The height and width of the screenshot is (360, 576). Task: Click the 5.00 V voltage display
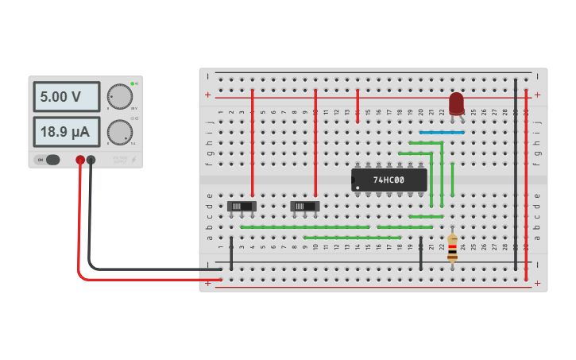66,97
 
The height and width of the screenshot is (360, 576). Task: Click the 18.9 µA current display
66,131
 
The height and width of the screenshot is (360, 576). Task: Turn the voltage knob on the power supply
119,96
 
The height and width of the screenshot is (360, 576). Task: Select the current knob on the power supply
119,131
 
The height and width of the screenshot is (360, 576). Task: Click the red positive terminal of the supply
80,160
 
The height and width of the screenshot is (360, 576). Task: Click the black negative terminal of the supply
91,160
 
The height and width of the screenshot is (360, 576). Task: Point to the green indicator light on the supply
133,83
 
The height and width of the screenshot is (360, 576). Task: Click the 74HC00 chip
389,180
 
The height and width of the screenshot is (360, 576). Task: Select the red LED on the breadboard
456,103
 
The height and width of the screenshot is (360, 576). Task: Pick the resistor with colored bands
452,248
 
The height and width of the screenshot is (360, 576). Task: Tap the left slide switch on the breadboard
242,207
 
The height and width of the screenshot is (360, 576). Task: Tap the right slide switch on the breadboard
304,207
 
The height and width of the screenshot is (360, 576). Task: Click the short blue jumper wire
442,133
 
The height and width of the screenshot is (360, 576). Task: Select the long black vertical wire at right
516,175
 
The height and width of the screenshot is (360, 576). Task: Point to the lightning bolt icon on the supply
133,160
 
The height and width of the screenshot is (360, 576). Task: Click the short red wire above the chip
358,106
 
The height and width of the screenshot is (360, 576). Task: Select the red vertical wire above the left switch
253,143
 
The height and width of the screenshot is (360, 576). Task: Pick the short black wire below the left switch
231,253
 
